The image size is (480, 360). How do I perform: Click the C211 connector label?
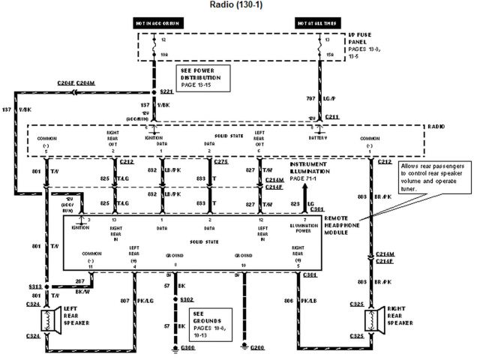click(x=331, y=117)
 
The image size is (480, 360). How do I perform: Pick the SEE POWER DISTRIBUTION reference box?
click(x=202, y=78)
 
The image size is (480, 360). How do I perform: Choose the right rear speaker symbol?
click(x=373, y=320)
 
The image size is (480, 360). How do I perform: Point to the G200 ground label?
click(x=257, y=349)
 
